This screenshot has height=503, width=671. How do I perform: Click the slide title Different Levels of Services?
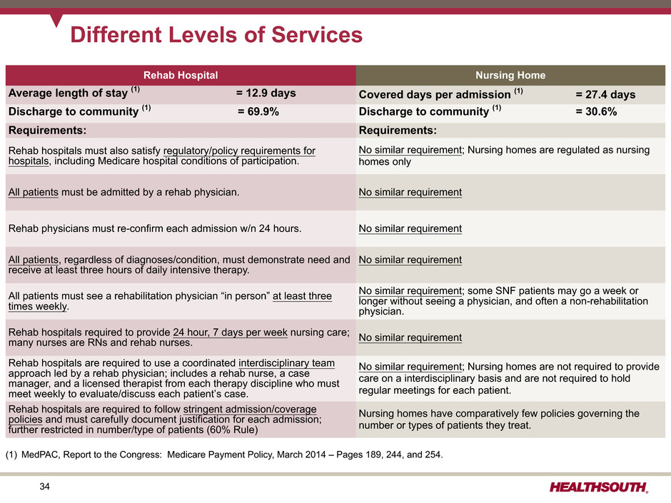[216, 35]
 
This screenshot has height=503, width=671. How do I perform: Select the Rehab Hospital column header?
[181, 76]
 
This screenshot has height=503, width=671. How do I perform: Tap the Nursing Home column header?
[510, 76]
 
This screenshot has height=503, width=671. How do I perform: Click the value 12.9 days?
[266, 93]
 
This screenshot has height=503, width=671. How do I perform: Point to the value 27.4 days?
[605, 94]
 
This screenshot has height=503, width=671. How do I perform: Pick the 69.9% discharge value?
[258, 111]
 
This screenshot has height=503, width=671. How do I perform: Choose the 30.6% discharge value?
[596, 111]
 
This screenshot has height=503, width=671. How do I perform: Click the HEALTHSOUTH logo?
[599, 487]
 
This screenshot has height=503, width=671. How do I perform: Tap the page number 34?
[44, 487]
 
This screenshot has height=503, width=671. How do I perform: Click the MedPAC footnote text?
[224, 454]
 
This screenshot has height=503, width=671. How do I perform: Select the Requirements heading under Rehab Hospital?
[48, 130]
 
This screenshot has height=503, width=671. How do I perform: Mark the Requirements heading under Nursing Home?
[398, 130]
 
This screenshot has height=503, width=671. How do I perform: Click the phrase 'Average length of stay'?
[68, 93]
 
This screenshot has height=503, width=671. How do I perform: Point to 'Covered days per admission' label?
[435, 94]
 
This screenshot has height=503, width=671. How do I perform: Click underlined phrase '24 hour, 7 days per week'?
[231, 332]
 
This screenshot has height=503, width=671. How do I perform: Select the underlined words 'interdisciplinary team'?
[287, 363]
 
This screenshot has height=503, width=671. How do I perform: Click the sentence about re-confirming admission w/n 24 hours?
[155, 228]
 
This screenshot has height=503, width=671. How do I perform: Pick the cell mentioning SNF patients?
[503, 301]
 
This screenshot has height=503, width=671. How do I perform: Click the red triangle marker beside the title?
[56, 20]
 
